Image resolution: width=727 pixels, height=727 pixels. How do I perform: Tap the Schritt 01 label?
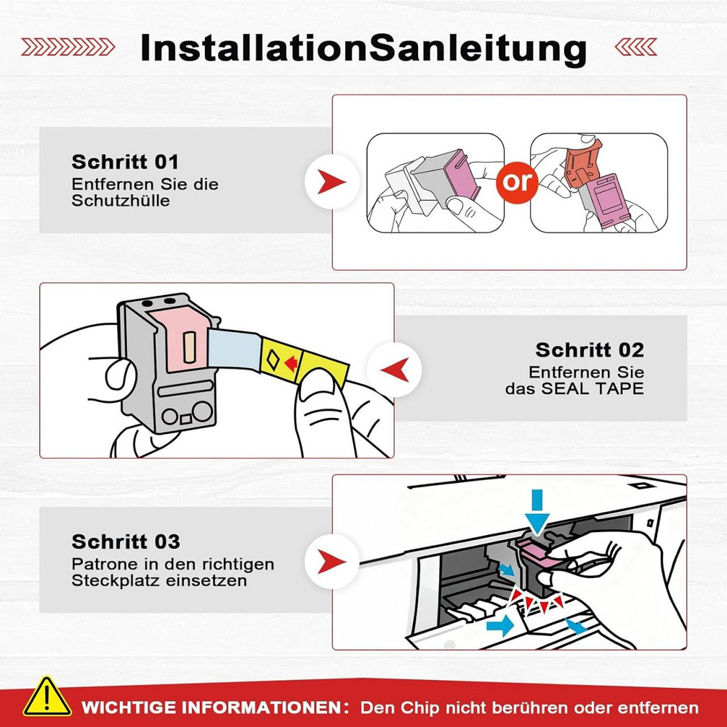pyautogui.click(x=124, y=161)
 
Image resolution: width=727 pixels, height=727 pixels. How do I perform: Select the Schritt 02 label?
pyautogui.click(x=590, y=350)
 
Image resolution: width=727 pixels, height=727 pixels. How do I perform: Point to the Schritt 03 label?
pyautogui.click(x=126, y=542)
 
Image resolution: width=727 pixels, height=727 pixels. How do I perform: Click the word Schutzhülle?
pyautogui.click(x=121, y=201)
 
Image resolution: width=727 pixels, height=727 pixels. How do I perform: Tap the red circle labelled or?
pyautogui.click(x=518, y=181)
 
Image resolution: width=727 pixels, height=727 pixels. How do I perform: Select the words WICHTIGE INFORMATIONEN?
pyautogui.click(x=212, y=707)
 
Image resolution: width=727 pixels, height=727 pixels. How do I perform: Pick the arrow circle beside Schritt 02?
pyautogui.click(x=392, y=369)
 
